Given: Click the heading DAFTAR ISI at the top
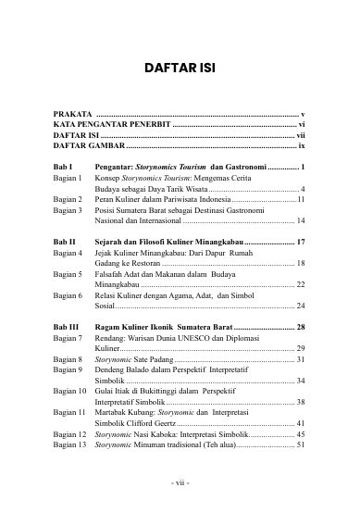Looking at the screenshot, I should click(180, 68).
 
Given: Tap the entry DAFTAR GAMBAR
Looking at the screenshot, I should click(88, 145).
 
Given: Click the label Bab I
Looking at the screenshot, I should click(63, 167).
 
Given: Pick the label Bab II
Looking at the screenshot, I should click(65, 242).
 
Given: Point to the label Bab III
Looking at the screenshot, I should click(67, 327).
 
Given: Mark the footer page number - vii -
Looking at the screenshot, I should click(180, 483).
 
